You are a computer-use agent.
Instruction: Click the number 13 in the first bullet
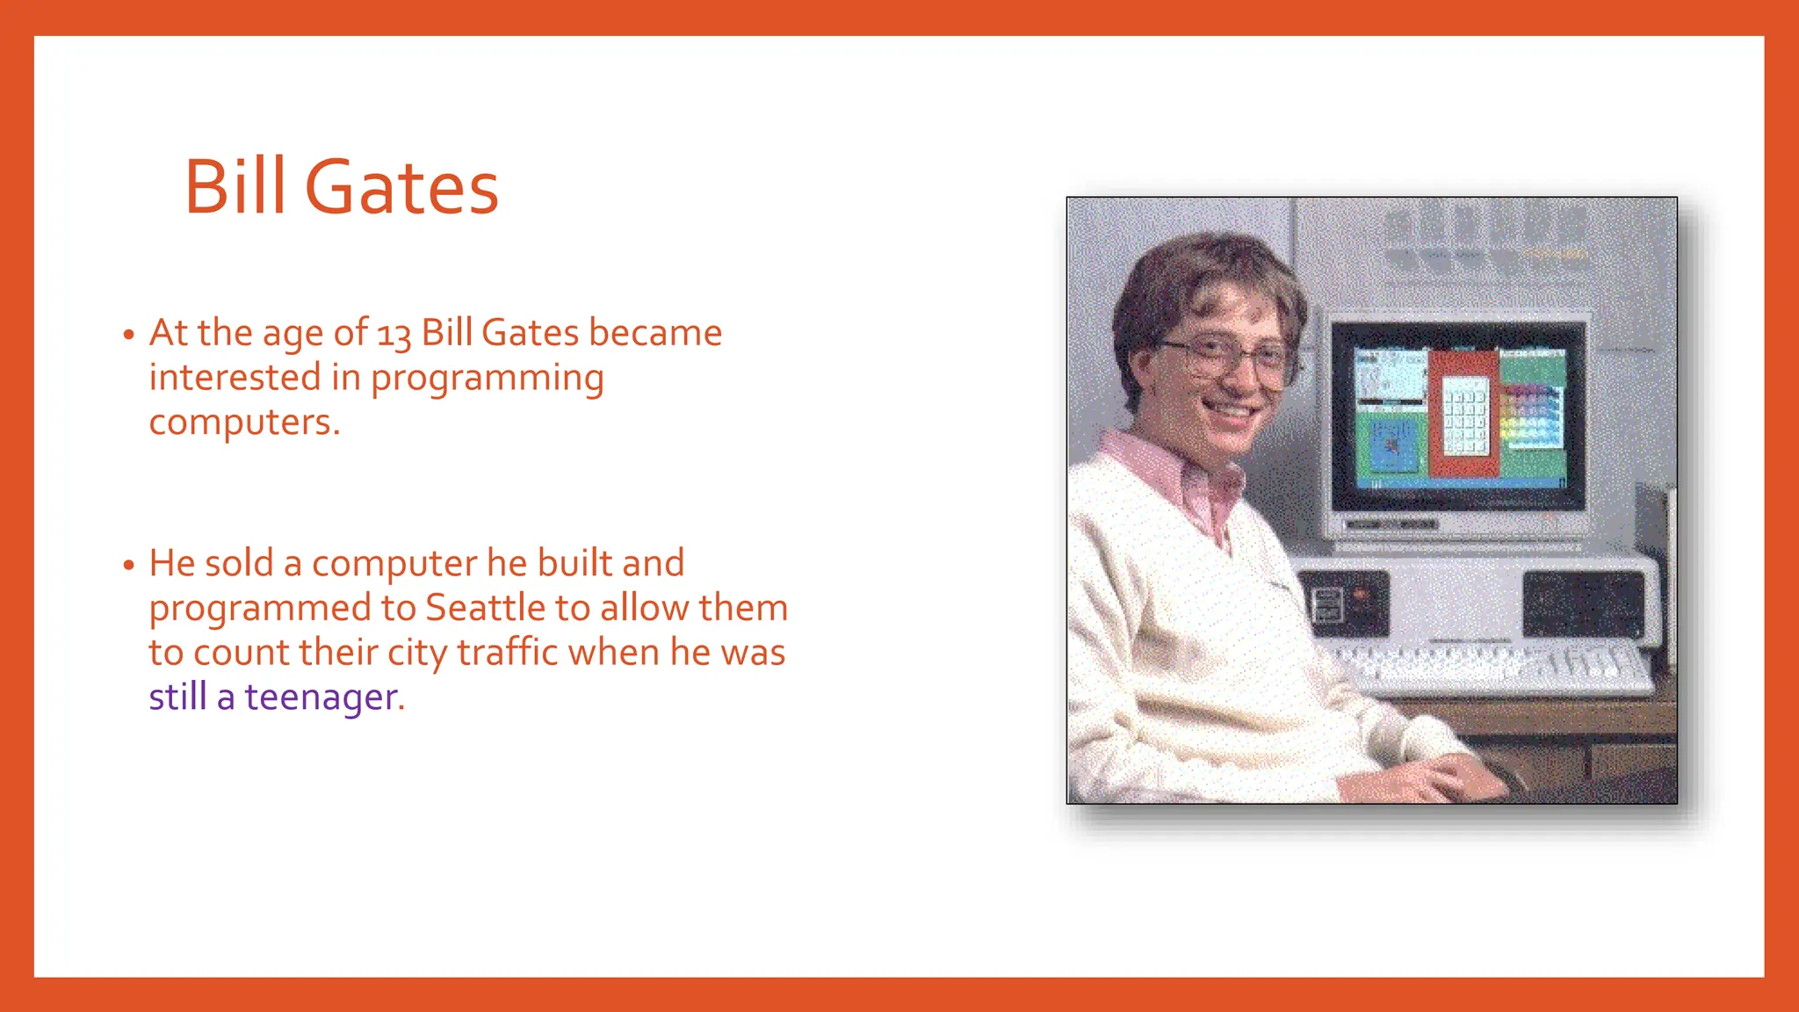pos(394,335)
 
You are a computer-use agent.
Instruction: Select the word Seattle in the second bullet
pos(485,608)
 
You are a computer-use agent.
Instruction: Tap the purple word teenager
pos(323,698)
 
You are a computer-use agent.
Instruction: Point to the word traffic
pos(507,653)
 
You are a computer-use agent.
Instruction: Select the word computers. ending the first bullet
pos(244,423)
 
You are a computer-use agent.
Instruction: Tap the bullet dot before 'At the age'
pos(129,335)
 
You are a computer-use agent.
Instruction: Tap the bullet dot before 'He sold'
pos(129,565)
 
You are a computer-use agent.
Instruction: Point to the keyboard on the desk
pos(1493,668)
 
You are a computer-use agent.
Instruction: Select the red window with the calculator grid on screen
pos(1463,413)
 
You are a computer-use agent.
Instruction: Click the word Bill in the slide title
pos(235,188)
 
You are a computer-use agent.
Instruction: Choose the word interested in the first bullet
pos(235,379)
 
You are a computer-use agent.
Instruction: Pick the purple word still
pos(177,698)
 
